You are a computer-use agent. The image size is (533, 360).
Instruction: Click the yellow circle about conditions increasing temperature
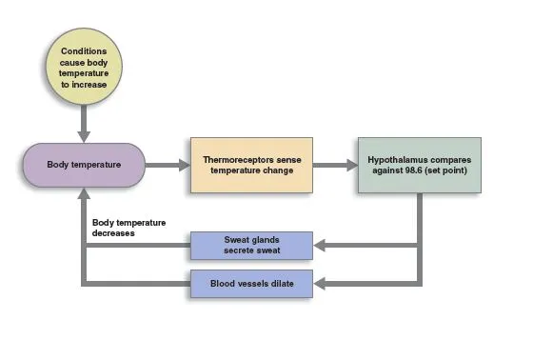point(83,67)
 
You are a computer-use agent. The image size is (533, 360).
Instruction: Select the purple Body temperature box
point(83,165)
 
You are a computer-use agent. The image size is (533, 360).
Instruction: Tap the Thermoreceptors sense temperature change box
point(251,165)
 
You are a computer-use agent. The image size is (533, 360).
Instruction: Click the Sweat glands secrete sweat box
point(251,246)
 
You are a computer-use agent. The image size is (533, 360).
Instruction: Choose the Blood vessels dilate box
point(251,284)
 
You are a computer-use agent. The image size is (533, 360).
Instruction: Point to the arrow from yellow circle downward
point(83,122)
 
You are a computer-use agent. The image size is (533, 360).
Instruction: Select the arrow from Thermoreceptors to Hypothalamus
point(334,165)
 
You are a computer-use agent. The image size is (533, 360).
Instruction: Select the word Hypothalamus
point(401,158)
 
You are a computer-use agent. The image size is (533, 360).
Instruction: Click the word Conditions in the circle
point(83,50)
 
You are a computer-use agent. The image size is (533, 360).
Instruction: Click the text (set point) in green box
point(448,171)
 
